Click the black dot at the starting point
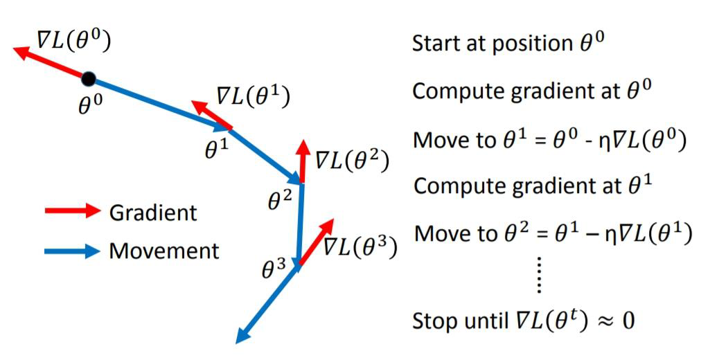click(89, 78)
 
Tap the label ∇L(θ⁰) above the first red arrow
click(68, 43)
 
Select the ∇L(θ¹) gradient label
click(251, 96)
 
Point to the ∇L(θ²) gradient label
click(352, 160)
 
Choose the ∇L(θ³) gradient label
click(360, 246)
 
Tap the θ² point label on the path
click(281, 200)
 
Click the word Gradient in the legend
click(153, 213)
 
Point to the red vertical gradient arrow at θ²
click(303, 161)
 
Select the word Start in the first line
click(434, 44)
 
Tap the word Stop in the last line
click(434, 321)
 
